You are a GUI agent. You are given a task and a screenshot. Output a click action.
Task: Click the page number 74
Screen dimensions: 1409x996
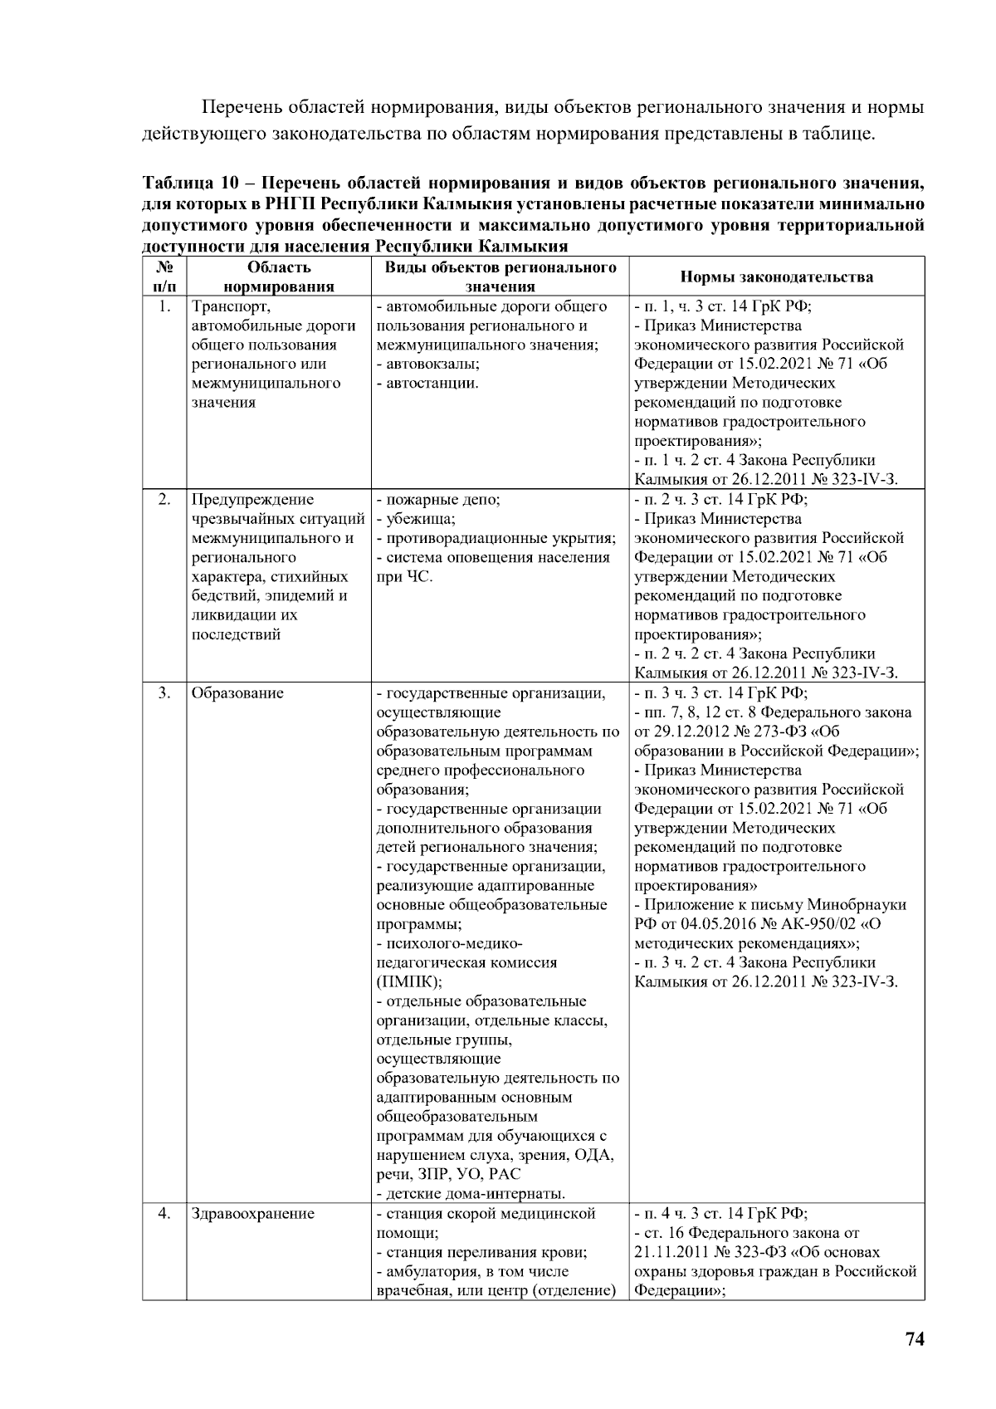point(914,1340)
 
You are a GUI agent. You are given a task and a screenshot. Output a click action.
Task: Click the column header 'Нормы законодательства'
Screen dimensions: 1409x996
point(776,277)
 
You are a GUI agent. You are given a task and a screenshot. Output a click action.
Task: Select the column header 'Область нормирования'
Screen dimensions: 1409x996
point(279,277)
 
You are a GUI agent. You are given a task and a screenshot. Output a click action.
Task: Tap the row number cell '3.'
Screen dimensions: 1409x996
point(164,693)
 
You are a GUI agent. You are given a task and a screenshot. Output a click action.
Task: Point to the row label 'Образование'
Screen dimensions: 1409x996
point(237,693)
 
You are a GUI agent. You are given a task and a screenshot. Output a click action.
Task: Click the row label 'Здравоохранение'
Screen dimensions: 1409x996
point(253,1214)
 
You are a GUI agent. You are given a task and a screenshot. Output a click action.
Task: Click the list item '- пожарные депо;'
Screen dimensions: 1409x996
point(438,500)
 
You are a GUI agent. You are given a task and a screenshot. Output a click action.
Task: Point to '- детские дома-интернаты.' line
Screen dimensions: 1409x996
point(471,1195)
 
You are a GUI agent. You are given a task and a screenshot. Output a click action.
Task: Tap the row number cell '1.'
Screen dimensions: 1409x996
point(164,306)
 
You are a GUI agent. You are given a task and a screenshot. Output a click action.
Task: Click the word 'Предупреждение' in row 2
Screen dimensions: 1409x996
point(253,500)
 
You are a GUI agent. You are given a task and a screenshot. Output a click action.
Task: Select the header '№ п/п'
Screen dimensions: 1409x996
point(164,277)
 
